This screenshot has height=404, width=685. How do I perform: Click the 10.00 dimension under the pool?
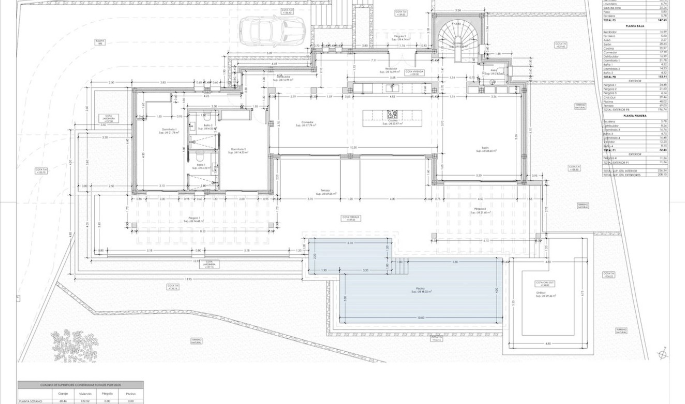pyautogui.click(x=421, y=318)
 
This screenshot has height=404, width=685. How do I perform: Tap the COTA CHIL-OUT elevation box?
pyautogui.click(x=545, y=284)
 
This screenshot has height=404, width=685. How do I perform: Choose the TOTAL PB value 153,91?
pyautogui.click(x=662, y=77)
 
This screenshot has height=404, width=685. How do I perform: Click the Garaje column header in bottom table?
pyautogui.click(x=63, y=394)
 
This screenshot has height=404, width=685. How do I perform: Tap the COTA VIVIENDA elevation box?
pyautogui.click(x=414, y=73)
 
